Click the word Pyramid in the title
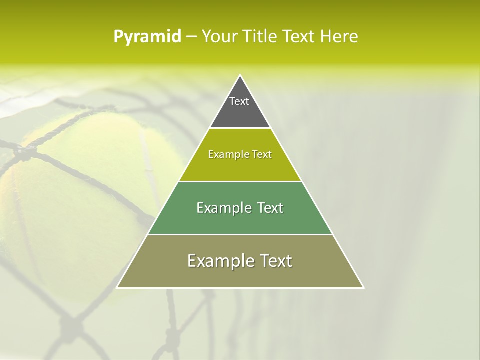coord(147,37)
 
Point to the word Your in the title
coord(218,37)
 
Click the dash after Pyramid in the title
coord(191,37)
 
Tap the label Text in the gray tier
coord(239,101)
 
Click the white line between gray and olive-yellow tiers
coord(240,128)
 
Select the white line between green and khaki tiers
coord(240,234)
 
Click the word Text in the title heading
coord(298,37)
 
